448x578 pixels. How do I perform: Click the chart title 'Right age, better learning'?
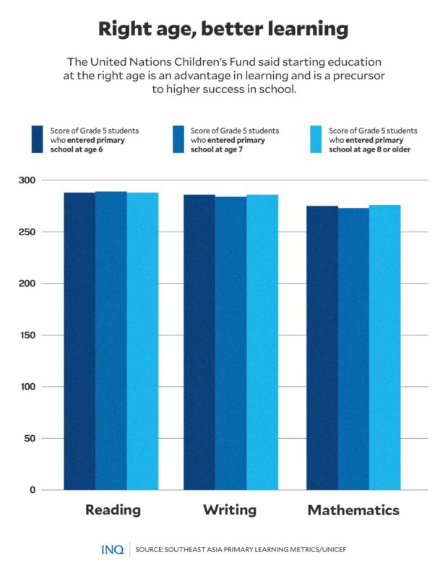(223, 30)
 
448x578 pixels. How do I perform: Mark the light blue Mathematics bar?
(384, 347)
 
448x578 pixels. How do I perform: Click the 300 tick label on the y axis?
(26, 180)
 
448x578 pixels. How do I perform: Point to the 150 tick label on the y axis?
(26, 335)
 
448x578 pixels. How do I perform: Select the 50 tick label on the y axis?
(29, 438)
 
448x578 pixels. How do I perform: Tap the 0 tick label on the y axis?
(32, 490)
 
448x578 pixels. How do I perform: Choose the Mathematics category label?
(353, 510)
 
